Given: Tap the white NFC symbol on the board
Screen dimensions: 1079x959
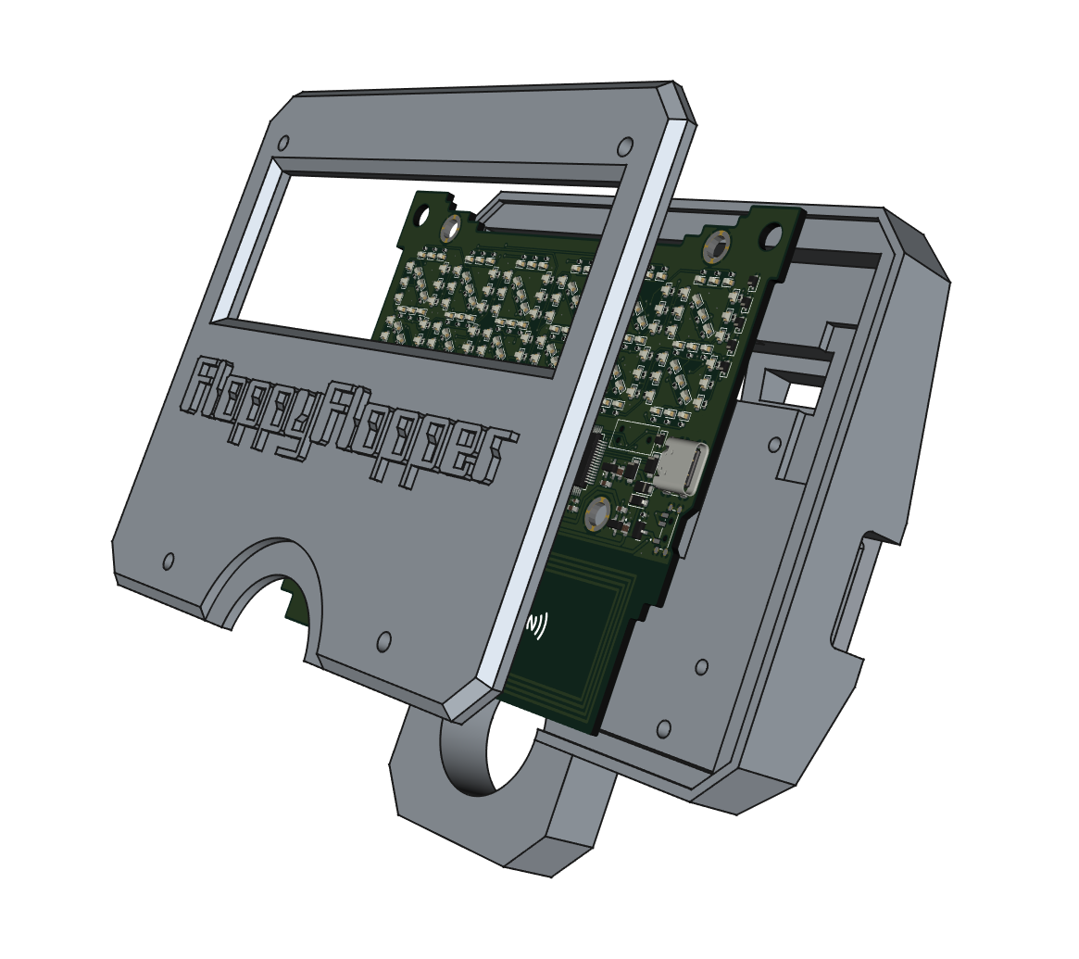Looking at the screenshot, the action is pyautogui.click(x=537, y=624).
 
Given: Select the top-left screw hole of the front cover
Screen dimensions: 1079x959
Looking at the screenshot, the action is pyautogui.click(x=282, y=144).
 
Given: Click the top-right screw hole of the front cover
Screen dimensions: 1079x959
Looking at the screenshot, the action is pyautogui.click(x=625, y=146).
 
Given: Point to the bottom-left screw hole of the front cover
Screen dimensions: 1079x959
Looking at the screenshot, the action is pyautogui.click(x=169, y=561).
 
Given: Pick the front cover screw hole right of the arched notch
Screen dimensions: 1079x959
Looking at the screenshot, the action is pyautogui.click(x=384, y=641).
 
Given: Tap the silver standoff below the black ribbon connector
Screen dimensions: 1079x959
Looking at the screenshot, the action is pyautogui.click(x=597, y=513).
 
